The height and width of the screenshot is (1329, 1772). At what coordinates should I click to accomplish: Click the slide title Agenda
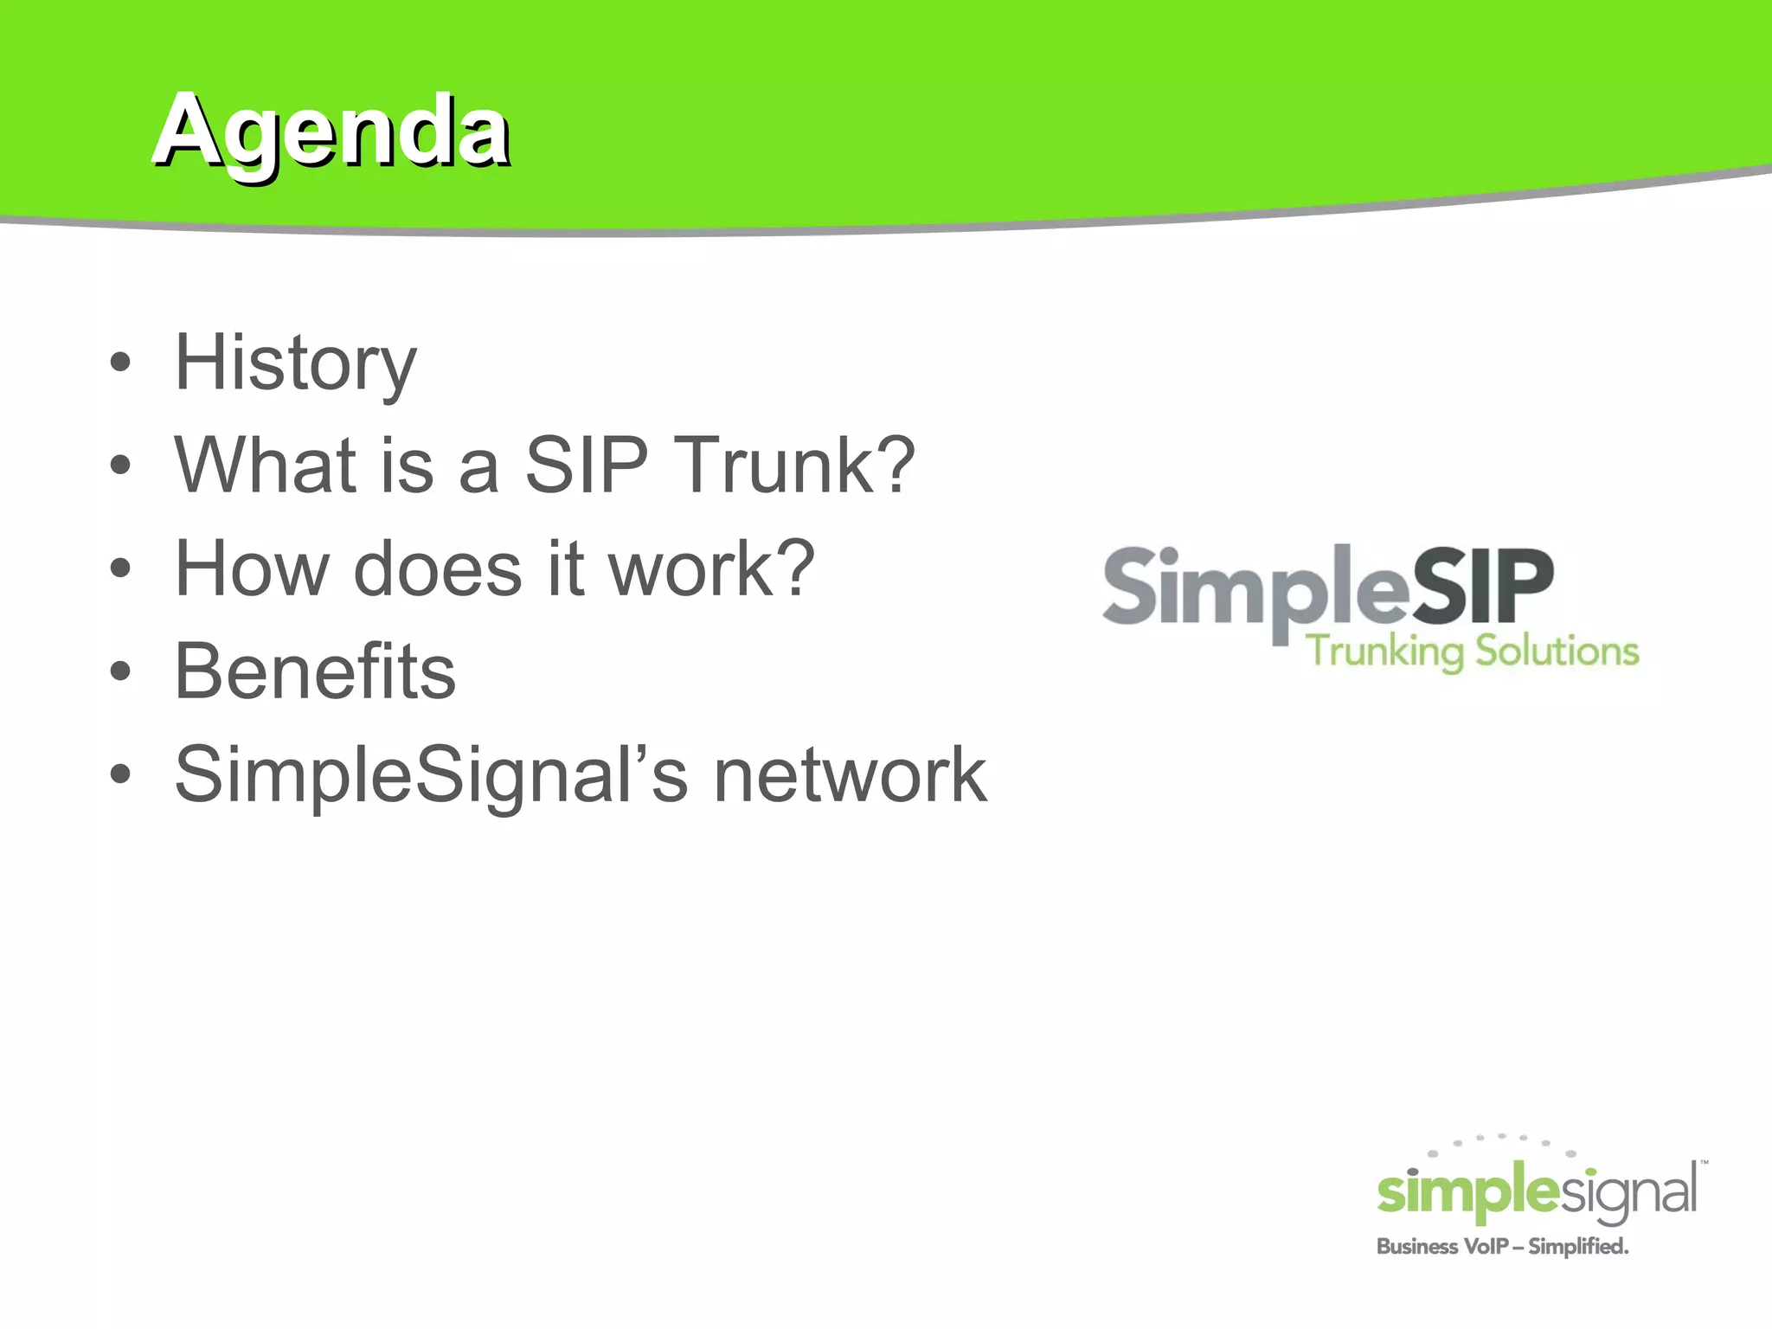tap(331, 132)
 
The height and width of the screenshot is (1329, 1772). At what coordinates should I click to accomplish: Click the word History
tap(295, 363)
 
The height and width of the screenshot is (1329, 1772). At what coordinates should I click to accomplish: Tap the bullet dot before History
tap(120, 363)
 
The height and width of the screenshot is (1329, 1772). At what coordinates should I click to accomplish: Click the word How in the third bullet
tap(251, 568)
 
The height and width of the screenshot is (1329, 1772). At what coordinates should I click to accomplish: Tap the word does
tap(437, 568)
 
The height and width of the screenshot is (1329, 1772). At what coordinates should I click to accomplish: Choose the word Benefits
tap(315, 671)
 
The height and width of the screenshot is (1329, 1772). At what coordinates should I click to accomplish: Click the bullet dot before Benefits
tap(120, 671)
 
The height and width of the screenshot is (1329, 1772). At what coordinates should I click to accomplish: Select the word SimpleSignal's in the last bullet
tap(431, 774)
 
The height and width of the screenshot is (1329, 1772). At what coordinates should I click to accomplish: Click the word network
tap(849, 774)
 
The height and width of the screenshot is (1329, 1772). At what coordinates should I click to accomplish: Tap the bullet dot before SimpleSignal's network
tap(120, 774)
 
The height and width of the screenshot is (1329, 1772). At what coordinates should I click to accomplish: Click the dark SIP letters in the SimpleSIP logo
tap(1483, 587)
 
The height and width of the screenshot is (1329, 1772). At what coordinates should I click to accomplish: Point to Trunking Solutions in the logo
tap(1472, 651)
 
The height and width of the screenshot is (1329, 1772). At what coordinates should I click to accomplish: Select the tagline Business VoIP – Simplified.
tap(1502, 1247)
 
